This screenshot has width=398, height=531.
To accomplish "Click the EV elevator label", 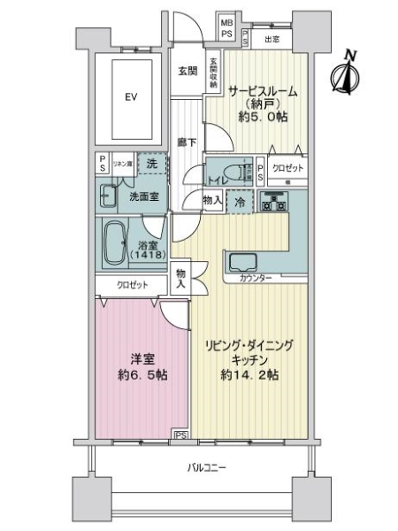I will [131, 96].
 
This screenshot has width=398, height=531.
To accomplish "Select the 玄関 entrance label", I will [185, 71].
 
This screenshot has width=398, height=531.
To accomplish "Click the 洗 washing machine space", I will [153, 165].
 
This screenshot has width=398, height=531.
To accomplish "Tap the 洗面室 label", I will [144, 196].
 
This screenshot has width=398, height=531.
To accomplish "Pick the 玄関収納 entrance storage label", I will [212, 72].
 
